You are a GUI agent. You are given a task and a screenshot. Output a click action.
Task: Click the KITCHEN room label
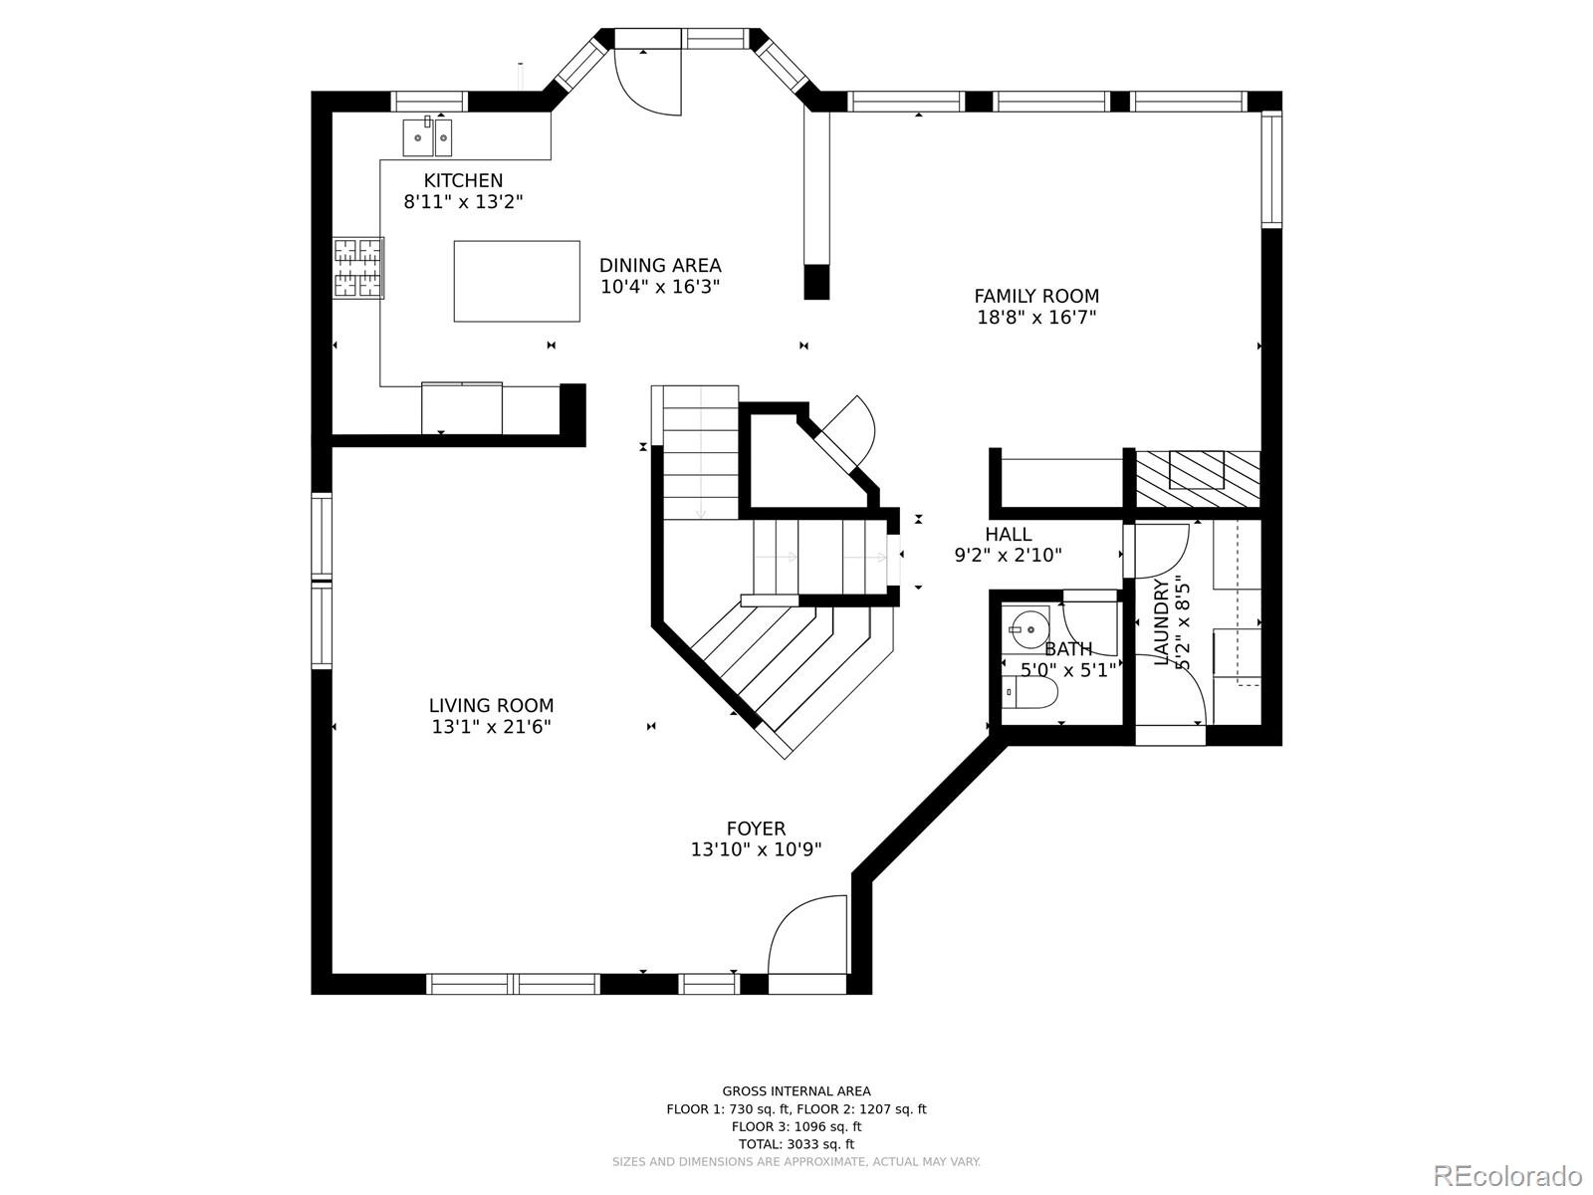tap(463, 180)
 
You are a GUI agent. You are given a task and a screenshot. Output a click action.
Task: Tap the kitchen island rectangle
tap(517, 281)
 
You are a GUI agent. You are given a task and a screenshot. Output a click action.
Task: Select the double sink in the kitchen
tap(427, 137)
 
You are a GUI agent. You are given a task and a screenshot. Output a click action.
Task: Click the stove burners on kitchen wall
tap(357, 267)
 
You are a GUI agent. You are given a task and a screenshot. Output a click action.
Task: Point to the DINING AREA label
tap(660, 265)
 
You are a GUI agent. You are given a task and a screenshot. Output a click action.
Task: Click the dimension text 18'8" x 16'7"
tap(1036, 318)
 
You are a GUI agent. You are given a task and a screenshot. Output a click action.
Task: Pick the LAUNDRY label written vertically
tap(1161, 622)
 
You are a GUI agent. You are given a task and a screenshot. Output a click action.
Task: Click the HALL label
tap(1009, 535)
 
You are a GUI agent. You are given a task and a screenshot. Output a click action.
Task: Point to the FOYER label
tap(756, 829)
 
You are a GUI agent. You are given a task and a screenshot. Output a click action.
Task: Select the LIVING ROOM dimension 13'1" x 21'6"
tap(491, 727)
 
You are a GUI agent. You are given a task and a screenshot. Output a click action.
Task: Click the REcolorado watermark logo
tap(1507, 1175)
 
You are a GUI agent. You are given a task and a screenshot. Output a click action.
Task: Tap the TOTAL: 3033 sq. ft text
tap(796, 1144)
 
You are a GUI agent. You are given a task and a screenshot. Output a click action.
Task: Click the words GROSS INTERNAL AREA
tap(796, 1091)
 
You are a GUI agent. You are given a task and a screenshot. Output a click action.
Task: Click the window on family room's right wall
tap(1271, 169)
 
